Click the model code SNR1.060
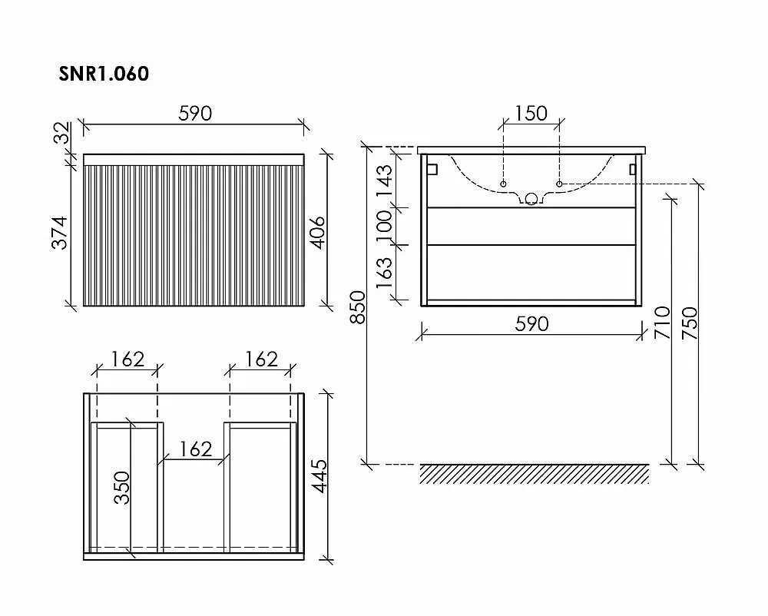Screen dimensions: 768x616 [x=104, y=74]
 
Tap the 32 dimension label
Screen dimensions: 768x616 [x=62, y=133]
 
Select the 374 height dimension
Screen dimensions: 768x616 [x=60, y=233]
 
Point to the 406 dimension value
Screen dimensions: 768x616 [x=319, y=233]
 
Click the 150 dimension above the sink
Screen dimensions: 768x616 [x=531, y=114]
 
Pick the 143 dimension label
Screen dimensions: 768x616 [x=385, y=180]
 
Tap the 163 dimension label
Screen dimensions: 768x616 [x=385, y=273]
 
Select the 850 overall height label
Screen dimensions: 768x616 [x=358, y=307]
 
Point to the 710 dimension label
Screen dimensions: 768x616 [x=662, y=323]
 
